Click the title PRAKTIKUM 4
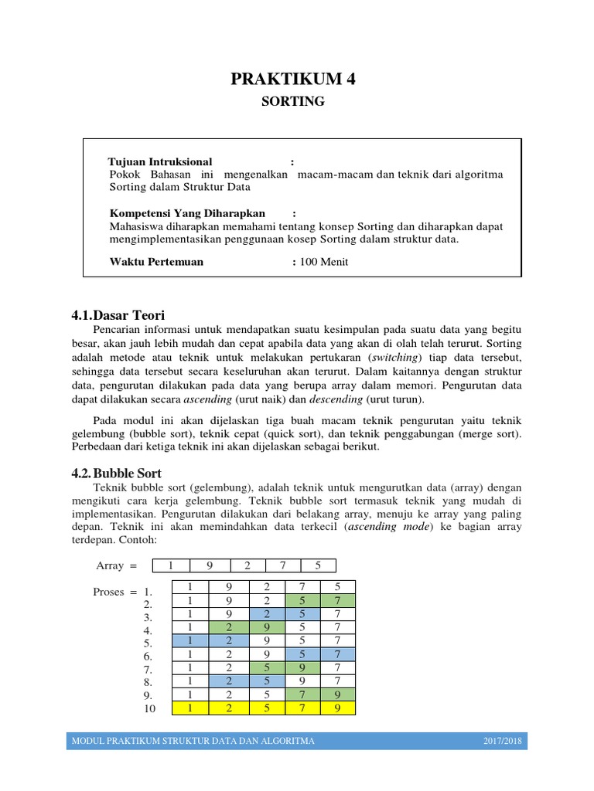pos(296,78)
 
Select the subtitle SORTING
pos(296,102)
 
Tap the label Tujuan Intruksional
pos(160,162)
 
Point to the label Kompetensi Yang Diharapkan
pos(187,213)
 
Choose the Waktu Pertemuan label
pos(157,262)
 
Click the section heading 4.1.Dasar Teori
pos(118,315)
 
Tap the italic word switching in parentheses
pos(398,358)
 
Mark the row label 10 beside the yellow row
pos(149,708)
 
